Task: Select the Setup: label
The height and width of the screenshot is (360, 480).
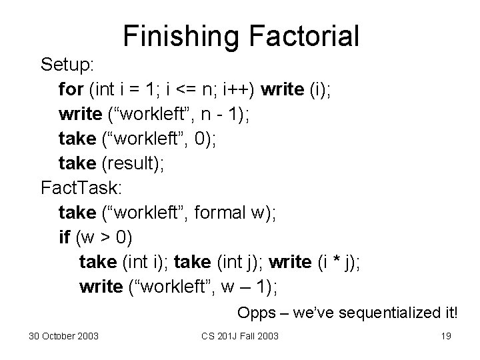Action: pyautogui.click(x=69, y=65)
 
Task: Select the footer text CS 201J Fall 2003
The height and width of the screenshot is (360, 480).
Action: pyautogui.click(x=241, y=335)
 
